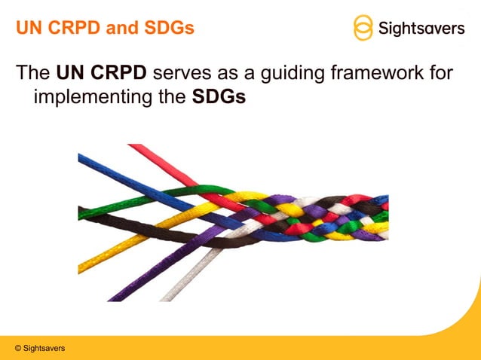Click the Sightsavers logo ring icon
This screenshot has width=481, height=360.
tap(363, 28)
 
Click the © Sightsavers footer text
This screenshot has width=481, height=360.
tap(39, 348)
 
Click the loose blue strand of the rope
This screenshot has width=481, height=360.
tap(113, 167)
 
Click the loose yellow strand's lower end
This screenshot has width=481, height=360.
tap(90, 265)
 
